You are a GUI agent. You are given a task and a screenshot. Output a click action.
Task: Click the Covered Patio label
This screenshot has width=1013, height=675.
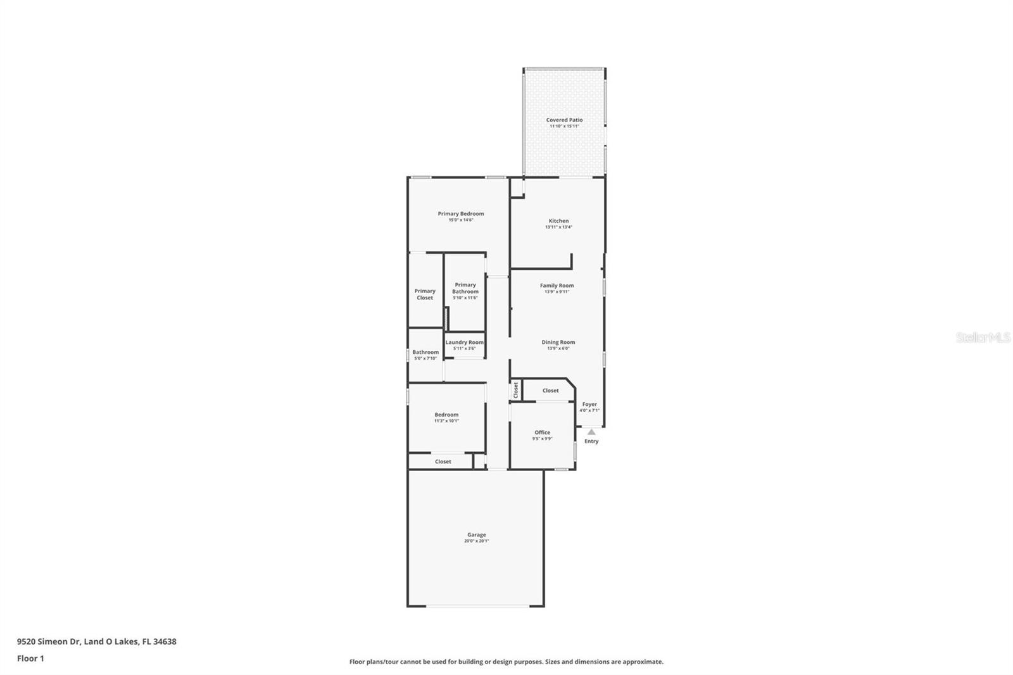tap(564, 120)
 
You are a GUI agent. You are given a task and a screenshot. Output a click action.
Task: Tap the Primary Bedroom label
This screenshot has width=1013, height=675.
tap(460, 213)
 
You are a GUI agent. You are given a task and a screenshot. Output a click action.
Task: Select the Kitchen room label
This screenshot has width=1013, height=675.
tap(558, 221)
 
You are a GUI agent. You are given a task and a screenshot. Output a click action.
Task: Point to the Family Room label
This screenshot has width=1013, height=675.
tap(557, 286)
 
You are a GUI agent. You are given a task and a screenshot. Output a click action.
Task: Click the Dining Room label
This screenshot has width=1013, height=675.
tap(558, 342)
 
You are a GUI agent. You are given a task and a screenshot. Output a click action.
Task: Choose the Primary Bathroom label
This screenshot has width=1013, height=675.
tap(465, 288)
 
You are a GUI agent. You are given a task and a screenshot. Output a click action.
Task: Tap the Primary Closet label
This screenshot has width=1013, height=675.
tap(425, 294)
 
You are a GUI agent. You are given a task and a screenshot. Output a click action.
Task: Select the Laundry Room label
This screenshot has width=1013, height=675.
tap(464, 342)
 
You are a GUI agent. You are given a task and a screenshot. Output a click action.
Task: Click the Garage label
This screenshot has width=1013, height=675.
tap(477, 534)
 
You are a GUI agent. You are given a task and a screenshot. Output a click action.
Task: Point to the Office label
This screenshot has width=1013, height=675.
tap(542, 432)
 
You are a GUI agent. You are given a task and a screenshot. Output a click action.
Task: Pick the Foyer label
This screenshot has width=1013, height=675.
tap(589, 404)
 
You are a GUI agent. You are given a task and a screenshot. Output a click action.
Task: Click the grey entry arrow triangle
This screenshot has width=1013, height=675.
tap(591, 432)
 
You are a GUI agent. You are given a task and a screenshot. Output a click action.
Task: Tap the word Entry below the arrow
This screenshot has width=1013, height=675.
tap(591, 441)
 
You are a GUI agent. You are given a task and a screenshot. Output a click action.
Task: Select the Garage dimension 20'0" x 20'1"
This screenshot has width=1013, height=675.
tap(477, 541)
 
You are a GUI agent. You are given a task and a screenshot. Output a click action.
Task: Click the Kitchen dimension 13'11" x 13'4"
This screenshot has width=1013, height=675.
tap(558, 227)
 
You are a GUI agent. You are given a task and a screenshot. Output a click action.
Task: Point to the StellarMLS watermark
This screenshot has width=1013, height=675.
tap(983, 338)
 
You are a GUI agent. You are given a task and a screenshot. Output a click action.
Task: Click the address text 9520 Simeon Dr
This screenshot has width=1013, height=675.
tap(49, 641)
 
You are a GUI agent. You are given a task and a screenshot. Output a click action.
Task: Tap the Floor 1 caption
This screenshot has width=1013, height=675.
tap(30, 659)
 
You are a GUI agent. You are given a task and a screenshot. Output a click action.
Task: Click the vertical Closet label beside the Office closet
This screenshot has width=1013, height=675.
tap(516, 390)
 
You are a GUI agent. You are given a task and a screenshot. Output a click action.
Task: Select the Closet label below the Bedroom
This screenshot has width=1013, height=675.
tap(443, 462)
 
